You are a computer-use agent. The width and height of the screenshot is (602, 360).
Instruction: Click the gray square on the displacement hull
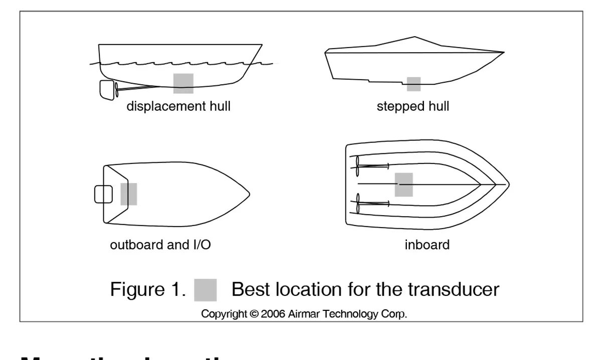(183, 83)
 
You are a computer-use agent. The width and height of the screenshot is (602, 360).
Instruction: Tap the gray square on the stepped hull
(413, 84)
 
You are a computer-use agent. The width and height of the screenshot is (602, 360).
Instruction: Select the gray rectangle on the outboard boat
(128, 194)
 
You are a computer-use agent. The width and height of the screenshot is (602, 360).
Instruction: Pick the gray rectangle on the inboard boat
(404, 185)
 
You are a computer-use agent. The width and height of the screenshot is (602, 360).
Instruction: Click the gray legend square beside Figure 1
(205, 290)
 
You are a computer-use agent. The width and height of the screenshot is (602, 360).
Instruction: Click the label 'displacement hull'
(178, 106)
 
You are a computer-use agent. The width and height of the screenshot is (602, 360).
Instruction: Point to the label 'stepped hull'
(413, 106)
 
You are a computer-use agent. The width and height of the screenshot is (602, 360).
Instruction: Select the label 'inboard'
(427, 245)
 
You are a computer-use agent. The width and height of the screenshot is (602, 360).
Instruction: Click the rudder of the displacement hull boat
(106, 89)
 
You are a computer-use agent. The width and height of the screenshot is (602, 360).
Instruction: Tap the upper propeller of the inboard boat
(357, 166)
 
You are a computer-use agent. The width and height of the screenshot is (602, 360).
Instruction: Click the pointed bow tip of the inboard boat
(508, 185)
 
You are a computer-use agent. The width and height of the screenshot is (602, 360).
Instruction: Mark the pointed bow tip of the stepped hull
(503, 52)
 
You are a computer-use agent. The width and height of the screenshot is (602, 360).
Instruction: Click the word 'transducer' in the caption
(454, 289)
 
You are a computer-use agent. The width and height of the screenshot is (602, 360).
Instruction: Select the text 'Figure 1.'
(148, 289)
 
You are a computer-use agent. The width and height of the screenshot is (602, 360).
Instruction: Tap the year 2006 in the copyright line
(273, 314)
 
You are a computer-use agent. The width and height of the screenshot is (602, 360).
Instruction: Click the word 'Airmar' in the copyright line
(304, 314)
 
